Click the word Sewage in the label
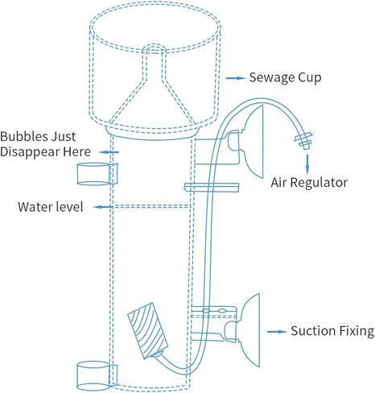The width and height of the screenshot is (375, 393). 268,77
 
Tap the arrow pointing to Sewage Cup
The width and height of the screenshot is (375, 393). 235,78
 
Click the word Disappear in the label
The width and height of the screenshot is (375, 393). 30,152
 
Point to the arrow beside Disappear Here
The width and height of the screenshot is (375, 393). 109,152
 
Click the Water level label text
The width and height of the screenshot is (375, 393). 51,207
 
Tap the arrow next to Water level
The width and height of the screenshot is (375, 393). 103,207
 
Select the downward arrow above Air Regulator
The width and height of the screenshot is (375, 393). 307,163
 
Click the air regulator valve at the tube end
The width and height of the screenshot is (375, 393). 303,140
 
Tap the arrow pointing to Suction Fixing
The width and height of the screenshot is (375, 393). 277,332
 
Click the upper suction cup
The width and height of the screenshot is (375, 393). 253,141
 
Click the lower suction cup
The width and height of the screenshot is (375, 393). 249,331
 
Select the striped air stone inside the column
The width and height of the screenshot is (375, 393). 147,330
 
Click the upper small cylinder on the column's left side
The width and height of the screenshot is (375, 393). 97,174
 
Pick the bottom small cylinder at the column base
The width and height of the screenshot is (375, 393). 97,376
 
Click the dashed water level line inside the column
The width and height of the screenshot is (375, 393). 152,206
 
